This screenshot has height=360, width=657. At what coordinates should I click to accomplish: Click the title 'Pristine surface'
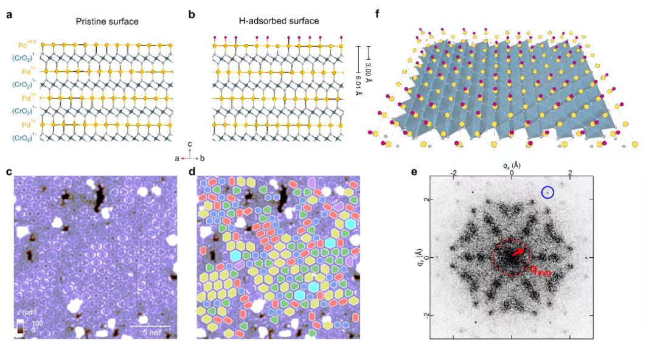pos(107,22)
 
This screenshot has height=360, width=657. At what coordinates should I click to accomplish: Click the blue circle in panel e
pos(547,192)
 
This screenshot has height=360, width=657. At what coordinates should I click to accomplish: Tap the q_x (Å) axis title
pos(511,165)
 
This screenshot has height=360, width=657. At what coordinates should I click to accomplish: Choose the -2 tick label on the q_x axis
pos(453,173)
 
